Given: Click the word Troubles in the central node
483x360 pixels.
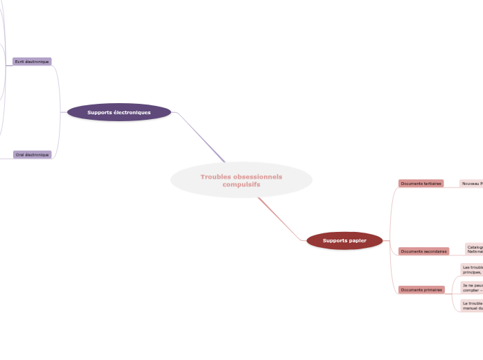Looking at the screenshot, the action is click(x=216, y=177).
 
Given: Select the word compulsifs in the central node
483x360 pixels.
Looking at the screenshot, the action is click(x=241, y=185).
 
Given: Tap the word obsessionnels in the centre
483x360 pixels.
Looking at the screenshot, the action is click(x=258, y=177).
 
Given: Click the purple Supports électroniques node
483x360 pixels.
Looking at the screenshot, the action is click(x=119, y=112).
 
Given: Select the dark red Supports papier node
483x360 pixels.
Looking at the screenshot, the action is click(x=344, y=240).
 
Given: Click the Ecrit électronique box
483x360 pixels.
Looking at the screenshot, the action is click(x=32, y=62).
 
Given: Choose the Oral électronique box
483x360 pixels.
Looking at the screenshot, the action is click(x=33, y=155).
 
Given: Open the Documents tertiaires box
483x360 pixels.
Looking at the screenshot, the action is click(x=421, y=183).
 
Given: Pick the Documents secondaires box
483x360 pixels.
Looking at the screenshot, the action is click(x=423, y=251).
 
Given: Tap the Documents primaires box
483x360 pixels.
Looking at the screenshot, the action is click(x=421, y=290).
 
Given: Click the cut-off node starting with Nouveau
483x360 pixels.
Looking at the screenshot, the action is click(x=471, y=183).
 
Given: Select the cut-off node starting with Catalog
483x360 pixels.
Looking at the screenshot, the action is click(x=474, y=249).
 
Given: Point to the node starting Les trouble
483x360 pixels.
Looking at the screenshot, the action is click(x=472, y=269).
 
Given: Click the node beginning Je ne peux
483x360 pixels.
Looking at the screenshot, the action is click(x=472, y=287).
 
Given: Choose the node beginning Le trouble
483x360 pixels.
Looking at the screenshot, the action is click(x=472, y=305).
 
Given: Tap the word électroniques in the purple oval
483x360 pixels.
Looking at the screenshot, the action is click(x=132, y=112).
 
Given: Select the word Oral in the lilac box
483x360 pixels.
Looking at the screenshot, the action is click(x=21, y=155).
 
